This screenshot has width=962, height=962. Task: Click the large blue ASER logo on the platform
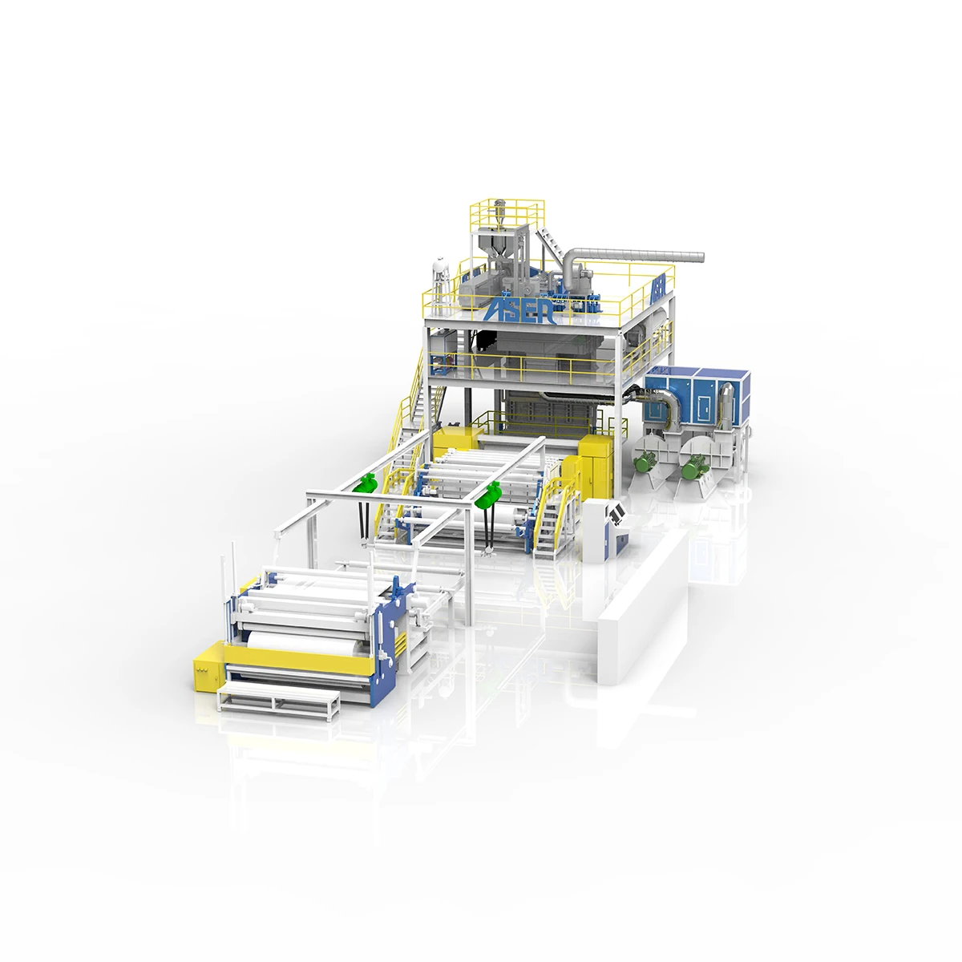pos(519,310)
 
